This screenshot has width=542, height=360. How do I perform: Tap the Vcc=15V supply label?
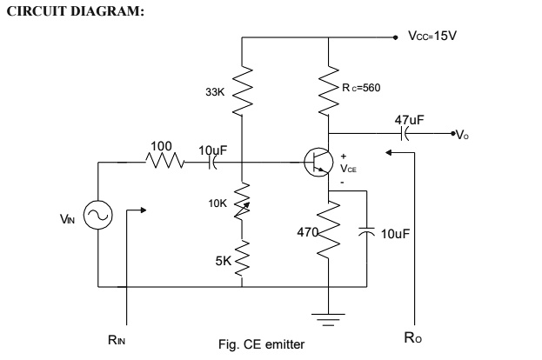pos(432,37)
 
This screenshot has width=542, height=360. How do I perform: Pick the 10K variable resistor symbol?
pos(244,202)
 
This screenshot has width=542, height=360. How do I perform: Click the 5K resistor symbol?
pos(244,257)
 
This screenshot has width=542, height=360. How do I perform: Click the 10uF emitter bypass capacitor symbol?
pos(367,233)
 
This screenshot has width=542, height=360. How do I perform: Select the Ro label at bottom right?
pos(418,339)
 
